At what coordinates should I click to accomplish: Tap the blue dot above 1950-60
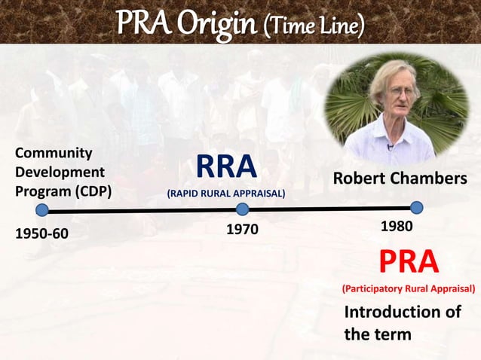pyautogui.click(x=42, y=210)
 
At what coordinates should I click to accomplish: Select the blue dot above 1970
pyautogui.click(x=242, y=209)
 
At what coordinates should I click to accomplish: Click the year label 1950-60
pyautogui.click(x=42, y=233)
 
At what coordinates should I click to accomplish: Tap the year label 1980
pyautogui.click(x=396, y=226)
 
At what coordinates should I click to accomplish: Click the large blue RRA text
pyautogui.click(x=226, y=169)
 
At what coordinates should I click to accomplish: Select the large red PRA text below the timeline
pyautogui.click(x=408, y=261)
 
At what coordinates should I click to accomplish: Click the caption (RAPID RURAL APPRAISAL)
pyautogui.click(x=226, y=194)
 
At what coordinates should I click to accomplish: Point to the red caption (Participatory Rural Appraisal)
pyautogui.click(x=408, y=288)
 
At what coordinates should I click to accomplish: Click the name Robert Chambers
pyautogui.click(x=400, y=179)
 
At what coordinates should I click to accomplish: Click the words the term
pyautogui.click(x=378, y=334)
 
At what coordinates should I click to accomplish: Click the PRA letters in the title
pyautogui.click(x=143, y=23)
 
